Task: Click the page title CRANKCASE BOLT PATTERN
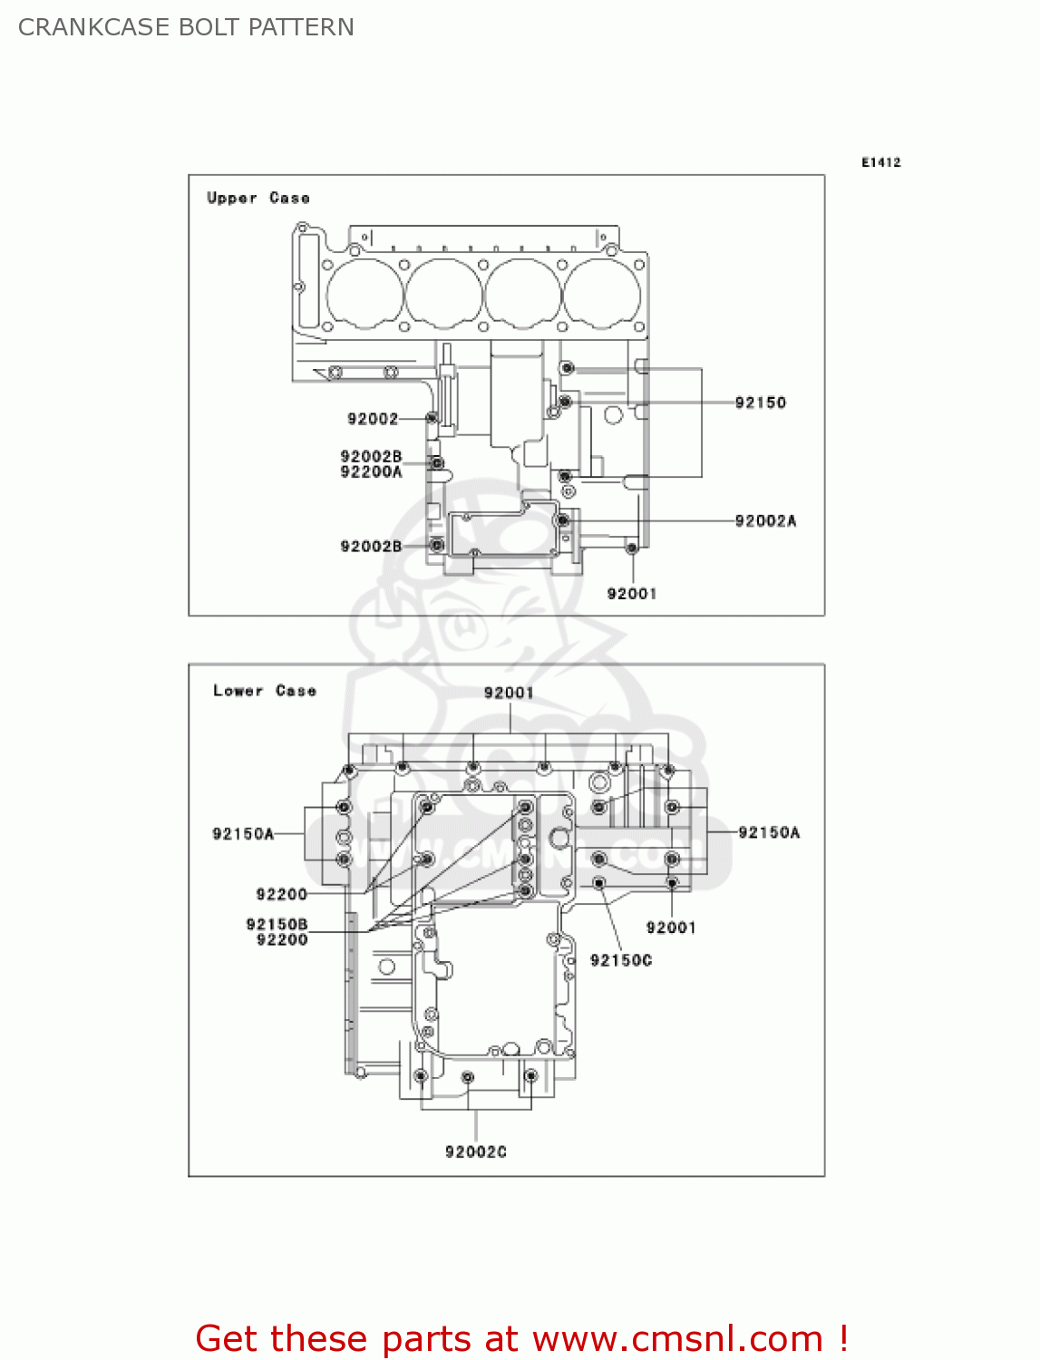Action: pyautogui.click(x=186, y=27)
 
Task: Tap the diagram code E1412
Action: pyautogui.click(x=880, y=162)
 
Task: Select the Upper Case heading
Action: pyautogui.click(x=258, y=198)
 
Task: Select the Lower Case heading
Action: pyautogui.click(x=264, y=691)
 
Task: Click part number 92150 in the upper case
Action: pyautogui.click(x=760, y=403)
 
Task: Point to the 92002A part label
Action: pyautogui.click(x=765, y=520)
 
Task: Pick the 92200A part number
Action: pyautogui.click(x=371, y=471)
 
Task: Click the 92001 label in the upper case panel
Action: pyautogui.click(x=631, y=593)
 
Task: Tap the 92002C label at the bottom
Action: pyautogui.click(x=475, y=1151)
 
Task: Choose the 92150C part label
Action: pyautogui.click(x=620, y=960)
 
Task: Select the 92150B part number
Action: pyautogui.click(x=277, y=924)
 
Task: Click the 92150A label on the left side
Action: pyautogui.click(x=243, y=833)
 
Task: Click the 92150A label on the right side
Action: pyautogui.click(x=769, y=832)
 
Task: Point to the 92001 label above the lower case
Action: pyautogui.click(x=509, y=693)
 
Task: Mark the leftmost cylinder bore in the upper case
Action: pyautogui.click(x=364, y=294)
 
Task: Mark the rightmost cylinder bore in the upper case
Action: pyautogui.click(x=602, y=294)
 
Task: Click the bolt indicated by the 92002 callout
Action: pyautogui.click(x=433, y=418)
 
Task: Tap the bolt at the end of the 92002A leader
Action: pyautogui.click(x=563, y=520)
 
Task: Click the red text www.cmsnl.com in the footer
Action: pyautogui.click(x=676, y=1338)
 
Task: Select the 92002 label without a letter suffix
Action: pyautogui.click(x=373, y=418)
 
